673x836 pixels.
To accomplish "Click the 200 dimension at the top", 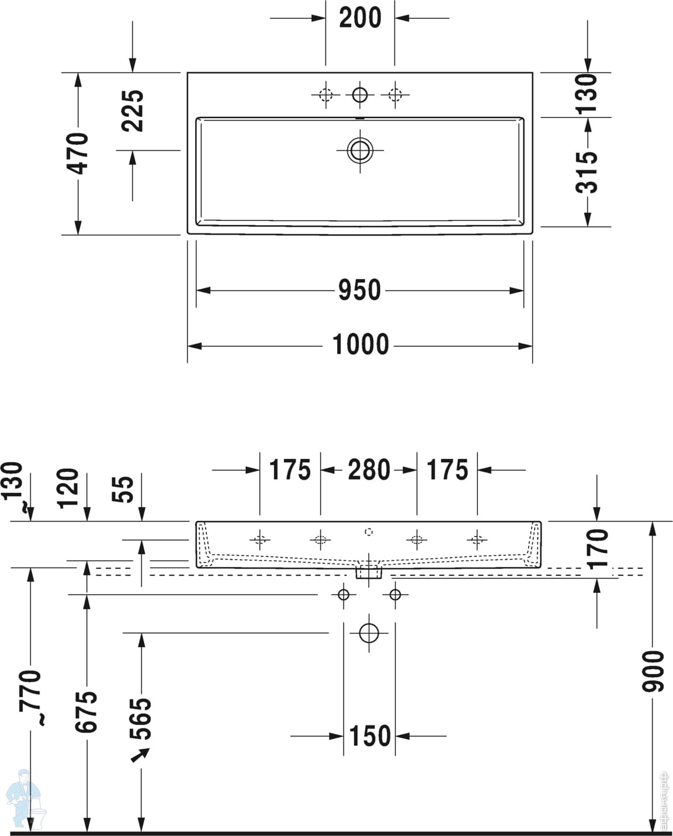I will (360, 18).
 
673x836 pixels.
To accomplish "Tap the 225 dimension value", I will (133, 110).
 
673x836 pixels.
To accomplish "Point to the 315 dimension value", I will (587, 172).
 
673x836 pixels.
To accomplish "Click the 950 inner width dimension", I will (359, 290).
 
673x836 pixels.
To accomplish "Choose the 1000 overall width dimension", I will (360, 345).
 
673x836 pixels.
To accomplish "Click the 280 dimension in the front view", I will (369, 469).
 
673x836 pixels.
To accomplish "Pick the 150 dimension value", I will (370, 735).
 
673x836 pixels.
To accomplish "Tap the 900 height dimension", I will (654, 670).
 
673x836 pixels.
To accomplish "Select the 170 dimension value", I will (598, 548).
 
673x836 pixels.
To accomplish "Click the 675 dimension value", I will (86, 711).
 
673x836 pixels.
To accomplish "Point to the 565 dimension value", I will (141, 718).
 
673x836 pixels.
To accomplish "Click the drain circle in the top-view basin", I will (360, 150).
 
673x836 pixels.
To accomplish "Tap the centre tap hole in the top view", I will (360, 94).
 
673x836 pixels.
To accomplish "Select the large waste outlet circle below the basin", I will (369, 633).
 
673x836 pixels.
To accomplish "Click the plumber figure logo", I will (23, 798).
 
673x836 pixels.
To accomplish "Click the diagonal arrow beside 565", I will (140, 755).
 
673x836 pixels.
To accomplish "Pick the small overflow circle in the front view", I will (368, 531).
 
